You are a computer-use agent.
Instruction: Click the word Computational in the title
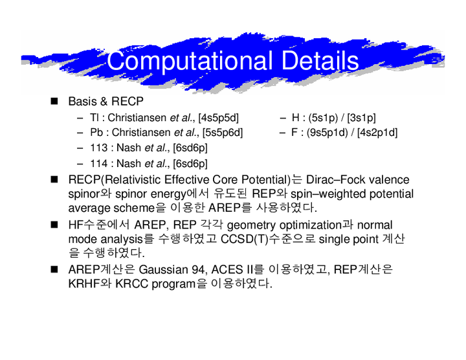pos(190,62)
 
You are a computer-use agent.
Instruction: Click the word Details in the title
pos(320,60)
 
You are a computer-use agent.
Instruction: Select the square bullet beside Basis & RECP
pos(54,102)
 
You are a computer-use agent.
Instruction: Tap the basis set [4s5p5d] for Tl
pos(219,118)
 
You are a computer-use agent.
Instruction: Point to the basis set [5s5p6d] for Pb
pos(223,133)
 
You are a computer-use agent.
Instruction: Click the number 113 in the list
pos(98,148)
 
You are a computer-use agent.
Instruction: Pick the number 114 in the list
pos(98,163)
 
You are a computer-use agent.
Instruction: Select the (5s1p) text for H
pos(323,118)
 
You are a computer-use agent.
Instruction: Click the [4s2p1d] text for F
pos(377,133)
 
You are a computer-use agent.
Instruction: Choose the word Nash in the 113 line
pos(129,148)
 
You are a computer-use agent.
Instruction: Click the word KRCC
pos(131,284)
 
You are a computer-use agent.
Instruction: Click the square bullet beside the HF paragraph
pos(54,225)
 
